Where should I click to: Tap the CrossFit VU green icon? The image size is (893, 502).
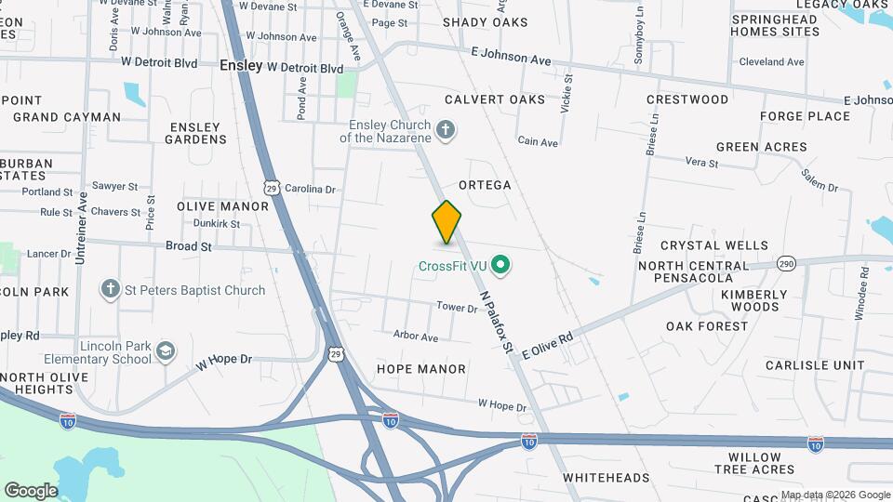point(502,267)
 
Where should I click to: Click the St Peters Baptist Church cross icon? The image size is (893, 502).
point(111,290)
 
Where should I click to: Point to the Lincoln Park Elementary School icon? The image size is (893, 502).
point(167,351)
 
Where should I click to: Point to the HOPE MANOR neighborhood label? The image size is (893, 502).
point(420,369)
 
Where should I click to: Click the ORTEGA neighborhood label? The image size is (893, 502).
point(484,185)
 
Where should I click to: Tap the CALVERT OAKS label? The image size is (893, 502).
point(494,99)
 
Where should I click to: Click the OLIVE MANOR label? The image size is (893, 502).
point(222,206)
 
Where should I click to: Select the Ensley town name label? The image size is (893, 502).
point(241,66)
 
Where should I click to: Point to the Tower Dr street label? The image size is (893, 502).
point(457,307)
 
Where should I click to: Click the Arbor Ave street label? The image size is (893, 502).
point(415,336)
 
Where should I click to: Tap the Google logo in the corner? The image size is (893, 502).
point(31,490)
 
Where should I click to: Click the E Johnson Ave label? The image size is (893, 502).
point(511,58)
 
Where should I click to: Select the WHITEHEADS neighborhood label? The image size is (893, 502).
point(606,478)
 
